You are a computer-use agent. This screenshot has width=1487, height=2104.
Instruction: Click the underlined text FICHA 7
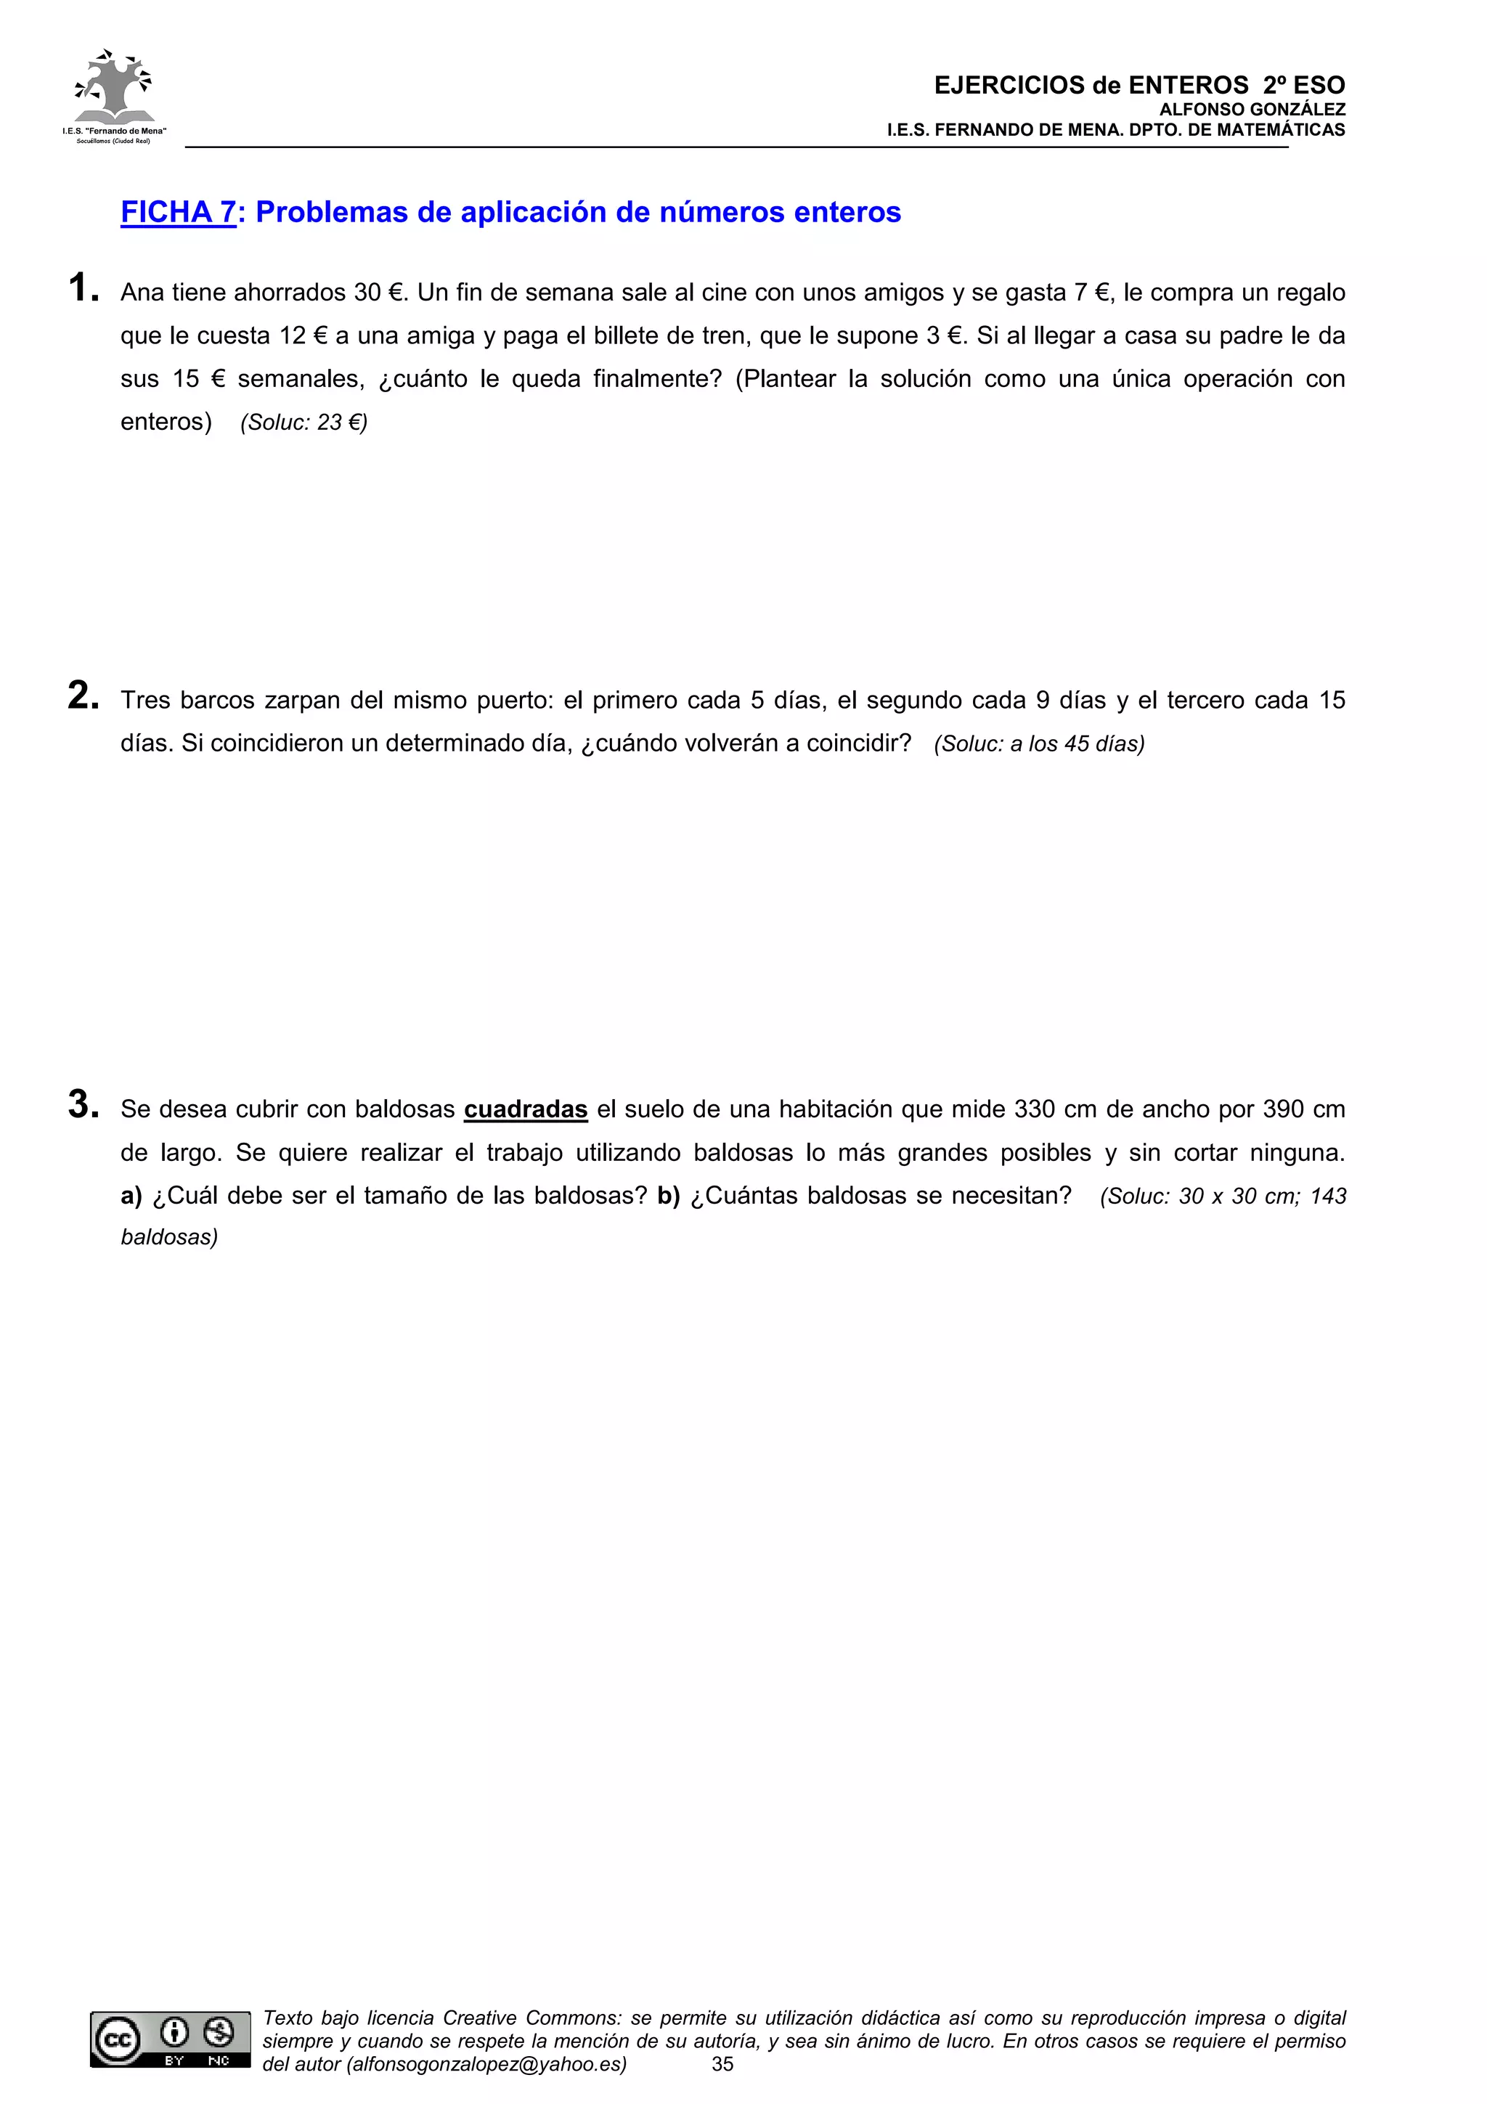(x=179, y=213)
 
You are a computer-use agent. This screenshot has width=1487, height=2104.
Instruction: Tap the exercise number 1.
(x=83, y=288)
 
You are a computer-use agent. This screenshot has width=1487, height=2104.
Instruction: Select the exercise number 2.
(x=83, y=696)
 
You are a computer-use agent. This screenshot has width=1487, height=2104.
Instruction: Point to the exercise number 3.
(x=83, y=1104)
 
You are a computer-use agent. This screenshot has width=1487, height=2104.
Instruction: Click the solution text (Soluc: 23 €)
(x=303, y=423)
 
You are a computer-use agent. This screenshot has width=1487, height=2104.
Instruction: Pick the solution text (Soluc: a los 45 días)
(x=1039, y=744)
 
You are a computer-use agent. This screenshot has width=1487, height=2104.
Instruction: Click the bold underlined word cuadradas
(x=525, y=1110)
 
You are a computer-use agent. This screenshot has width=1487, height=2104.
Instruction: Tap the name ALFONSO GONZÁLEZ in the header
(x=1252, y=110)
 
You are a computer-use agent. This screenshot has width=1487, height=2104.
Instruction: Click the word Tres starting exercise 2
(x=146, y=701)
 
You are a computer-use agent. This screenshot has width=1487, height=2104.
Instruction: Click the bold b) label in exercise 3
(x=668, y=1196)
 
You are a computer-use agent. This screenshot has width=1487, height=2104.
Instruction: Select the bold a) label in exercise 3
(x=131, y=1196)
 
